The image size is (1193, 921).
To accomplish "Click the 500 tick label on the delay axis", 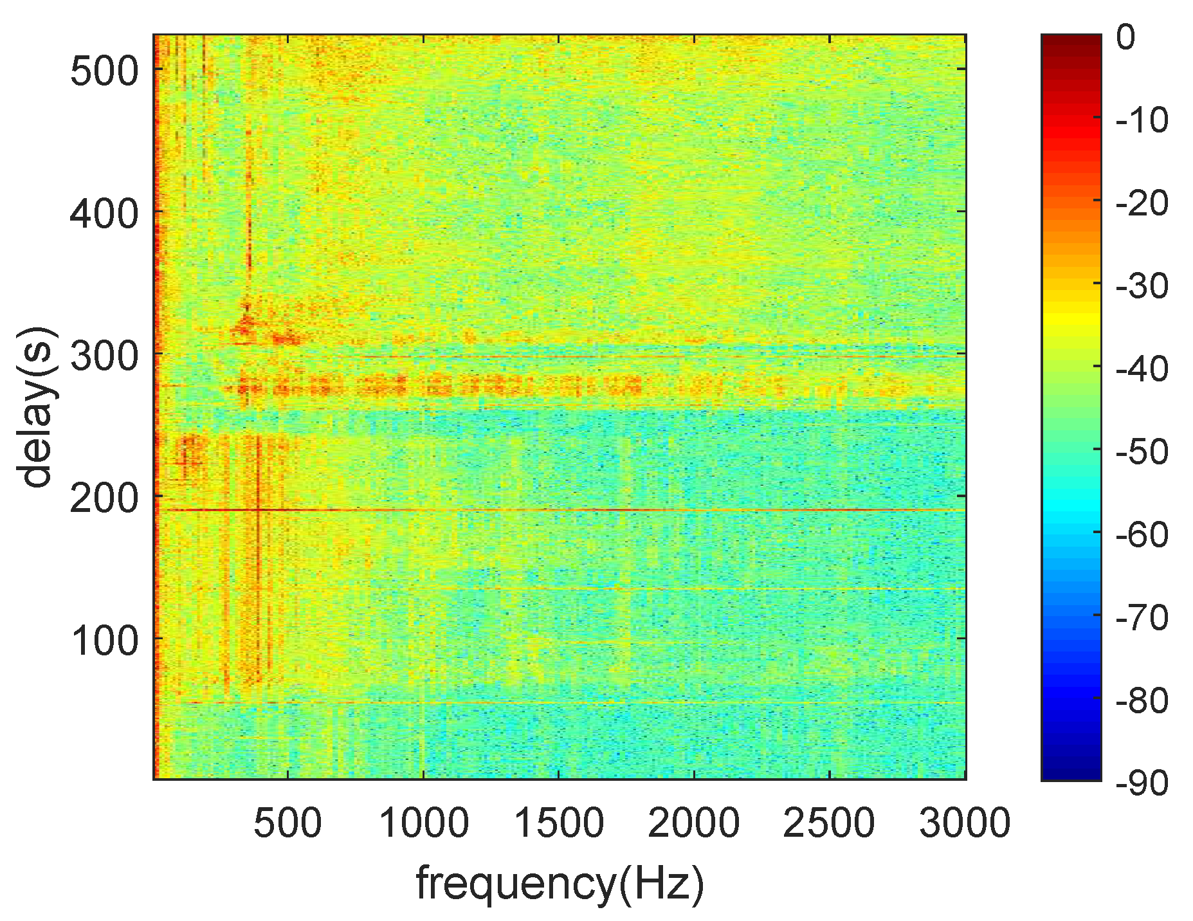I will click(x=104, y=70).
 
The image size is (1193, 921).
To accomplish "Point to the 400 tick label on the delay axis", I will click(x=104, y=214).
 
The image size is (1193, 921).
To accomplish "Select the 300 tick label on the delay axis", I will click(x=104, y=356).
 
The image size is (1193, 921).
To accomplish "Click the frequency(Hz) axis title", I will click(x=560, y=884).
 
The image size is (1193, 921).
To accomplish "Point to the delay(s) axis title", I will click(x=36, y=407).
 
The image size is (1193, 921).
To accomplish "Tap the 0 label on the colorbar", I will click(x=1125, y=38).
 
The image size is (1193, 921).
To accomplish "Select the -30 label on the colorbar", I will click(x=1142, y=286).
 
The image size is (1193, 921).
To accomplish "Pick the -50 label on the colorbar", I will click(x=1142, y=452).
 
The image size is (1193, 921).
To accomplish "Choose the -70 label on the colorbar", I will click(x=1142, y=618).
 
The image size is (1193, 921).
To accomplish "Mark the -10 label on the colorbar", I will click(x=1142, y=120).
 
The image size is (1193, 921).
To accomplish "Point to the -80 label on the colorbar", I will click(x=1142, y=701).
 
